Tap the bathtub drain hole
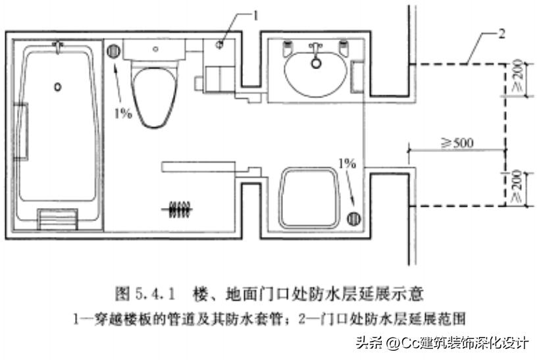[57, 86]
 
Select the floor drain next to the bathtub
[113, 50]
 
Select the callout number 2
[502, 35]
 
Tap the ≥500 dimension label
[457, 141]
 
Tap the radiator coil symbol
[178, 209]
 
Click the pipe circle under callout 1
[221, 44]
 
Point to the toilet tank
[155, 48]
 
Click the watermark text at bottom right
[442, 343]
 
